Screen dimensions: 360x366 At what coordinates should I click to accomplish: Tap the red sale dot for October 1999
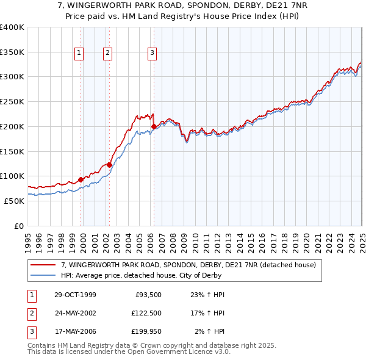pyautogui.click(x=81, y=179)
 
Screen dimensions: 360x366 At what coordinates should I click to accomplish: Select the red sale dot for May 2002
pyautogui.click(x=109, y=165)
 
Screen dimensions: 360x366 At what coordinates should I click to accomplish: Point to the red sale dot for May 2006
pyautogui.click(x=154, y=126)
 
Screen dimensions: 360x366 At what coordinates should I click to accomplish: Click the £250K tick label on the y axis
pyautogui.click(x=12, y=101)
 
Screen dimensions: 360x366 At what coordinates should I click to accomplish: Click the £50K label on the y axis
pyautogui.click(x=13, y=201)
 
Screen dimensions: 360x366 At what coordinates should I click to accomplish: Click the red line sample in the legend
pyautogui.click(x=43, y=265)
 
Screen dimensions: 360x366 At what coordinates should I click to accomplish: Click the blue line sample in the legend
pyautogui.click(x=43, y=275)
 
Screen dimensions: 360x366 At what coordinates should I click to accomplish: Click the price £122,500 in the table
pyautogui.click(x=146, y=313)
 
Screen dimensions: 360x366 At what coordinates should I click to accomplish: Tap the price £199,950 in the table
pyautogui.click(x=146, y=331)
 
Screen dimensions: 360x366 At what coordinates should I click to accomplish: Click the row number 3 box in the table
pyautogui.click(x=30, y=331)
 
